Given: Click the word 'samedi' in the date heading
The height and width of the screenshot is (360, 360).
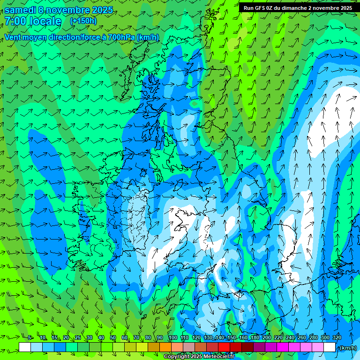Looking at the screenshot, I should (20, 10).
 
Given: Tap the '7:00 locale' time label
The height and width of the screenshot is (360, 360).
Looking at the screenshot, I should (33, 21).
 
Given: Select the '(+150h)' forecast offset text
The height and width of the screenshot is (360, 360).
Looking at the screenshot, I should (83, 21).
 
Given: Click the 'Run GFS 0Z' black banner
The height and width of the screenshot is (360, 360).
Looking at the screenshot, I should (298, 8).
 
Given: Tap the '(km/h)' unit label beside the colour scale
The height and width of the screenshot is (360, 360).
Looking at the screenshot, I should (347, 348).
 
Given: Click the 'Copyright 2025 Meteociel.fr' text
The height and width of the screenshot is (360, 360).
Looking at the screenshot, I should (199, 357).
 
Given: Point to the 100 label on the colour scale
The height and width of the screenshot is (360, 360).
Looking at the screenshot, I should (173, 338).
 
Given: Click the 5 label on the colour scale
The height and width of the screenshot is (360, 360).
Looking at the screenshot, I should (30, 338).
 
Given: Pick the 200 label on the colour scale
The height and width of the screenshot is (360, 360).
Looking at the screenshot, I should (267, 338).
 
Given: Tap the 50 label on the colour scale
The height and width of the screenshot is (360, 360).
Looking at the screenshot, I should (113, 338).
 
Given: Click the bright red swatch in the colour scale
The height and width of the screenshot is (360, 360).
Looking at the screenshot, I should (224, 347).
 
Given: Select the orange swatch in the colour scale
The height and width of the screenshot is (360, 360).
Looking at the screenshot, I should (165, 347).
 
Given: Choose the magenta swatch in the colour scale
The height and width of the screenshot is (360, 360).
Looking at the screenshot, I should (283, 347).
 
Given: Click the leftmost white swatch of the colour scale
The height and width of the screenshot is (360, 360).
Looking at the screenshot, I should (25, 347).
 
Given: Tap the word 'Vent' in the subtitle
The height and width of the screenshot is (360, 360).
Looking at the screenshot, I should (13, 37).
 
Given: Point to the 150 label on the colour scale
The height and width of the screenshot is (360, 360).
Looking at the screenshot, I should (232, 338).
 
